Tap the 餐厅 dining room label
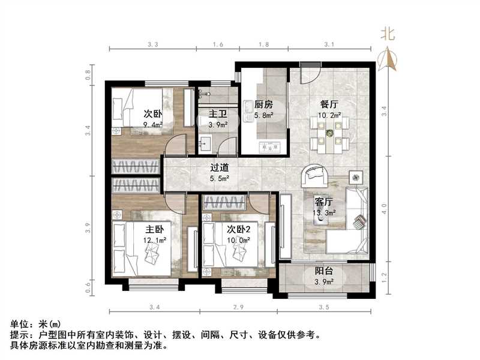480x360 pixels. click(329, 103)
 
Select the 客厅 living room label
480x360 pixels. click(324, 202)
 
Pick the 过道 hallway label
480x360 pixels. click(218, 169)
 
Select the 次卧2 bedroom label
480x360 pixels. click(239, 230)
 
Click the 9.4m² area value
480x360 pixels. click(154, 125)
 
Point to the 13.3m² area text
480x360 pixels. click(325, 212)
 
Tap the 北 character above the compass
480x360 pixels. click(388, 35)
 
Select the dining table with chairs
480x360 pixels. click(329, 133)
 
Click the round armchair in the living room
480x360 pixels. click(314, 176)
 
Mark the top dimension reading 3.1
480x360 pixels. click(328, 44)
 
